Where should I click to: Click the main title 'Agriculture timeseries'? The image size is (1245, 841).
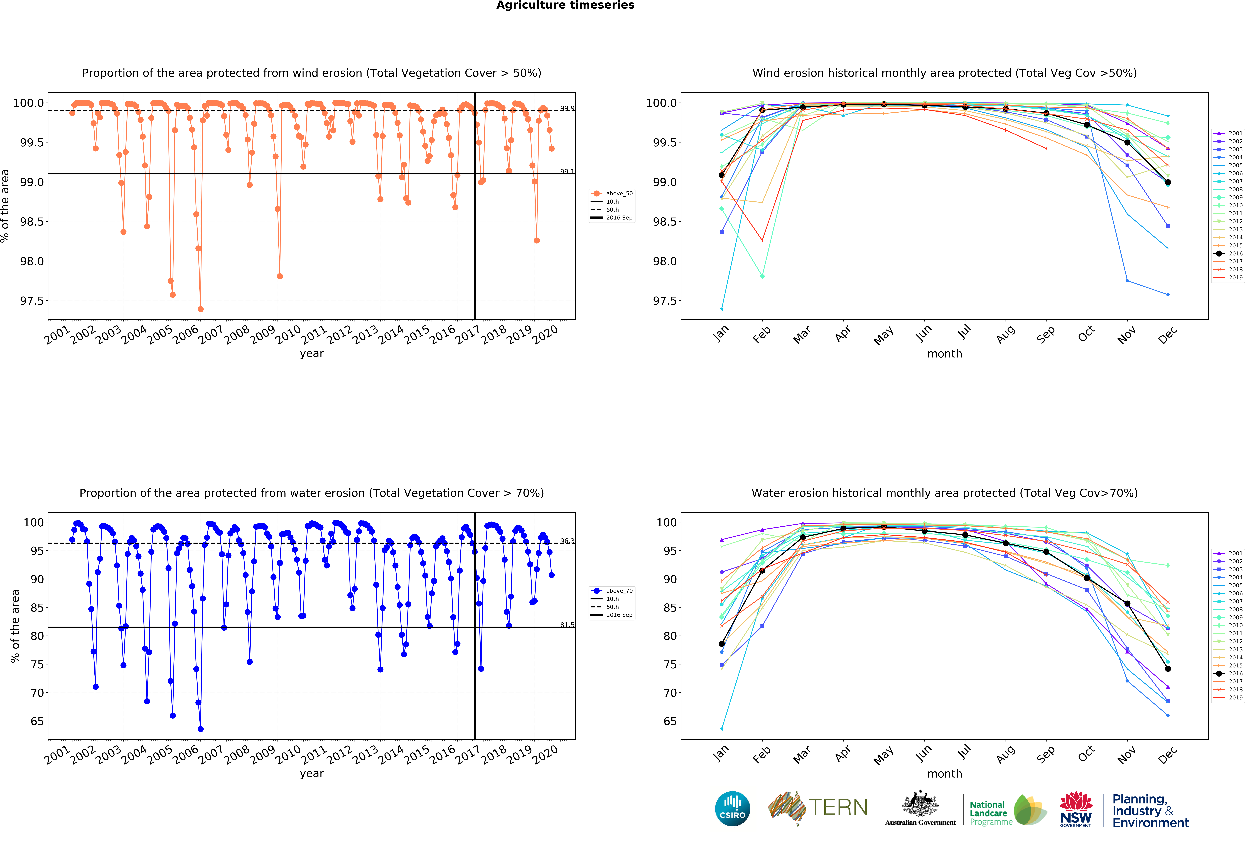565,5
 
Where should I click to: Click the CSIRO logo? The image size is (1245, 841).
732,808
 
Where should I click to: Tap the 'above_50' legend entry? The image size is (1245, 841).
619,193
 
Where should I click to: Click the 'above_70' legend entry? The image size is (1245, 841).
619,591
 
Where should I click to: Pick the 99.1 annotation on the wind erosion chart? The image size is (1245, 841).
567,171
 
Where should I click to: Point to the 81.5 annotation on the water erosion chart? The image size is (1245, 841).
567,625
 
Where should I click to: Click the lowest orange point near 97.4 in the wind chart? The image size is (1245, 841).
200,309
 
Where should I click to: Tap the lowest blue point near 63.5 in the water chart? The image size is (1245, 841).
200,729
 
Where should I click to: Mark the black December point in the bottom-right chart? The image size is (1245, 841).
1168,669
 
